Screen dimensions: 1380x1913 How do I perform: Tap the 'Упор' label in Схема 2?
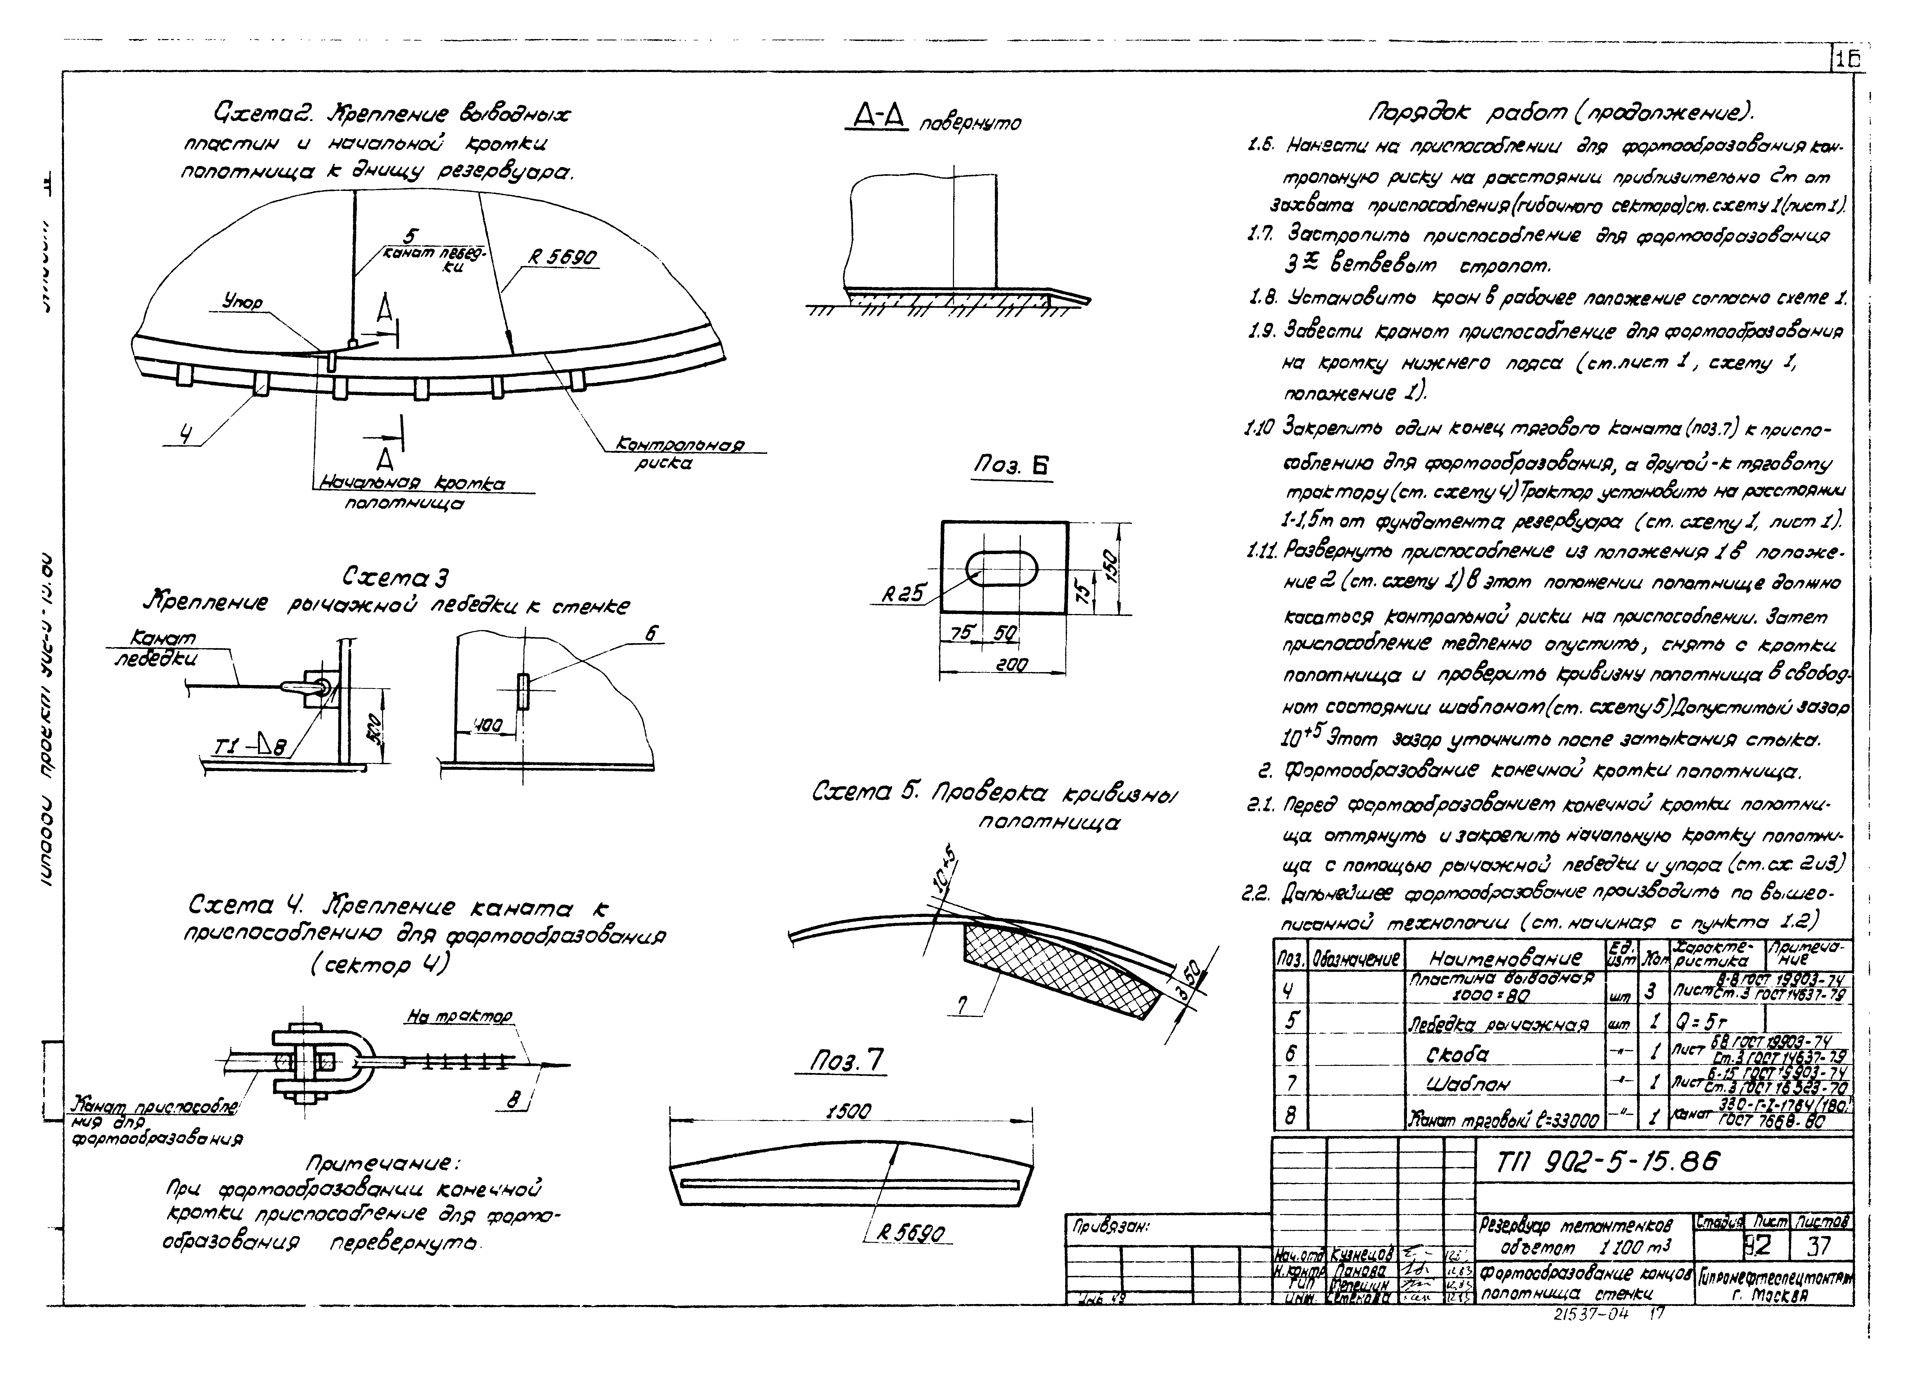[243, 301]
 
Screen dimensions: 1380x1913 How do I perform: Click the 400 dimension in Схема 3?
[487, 725]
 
